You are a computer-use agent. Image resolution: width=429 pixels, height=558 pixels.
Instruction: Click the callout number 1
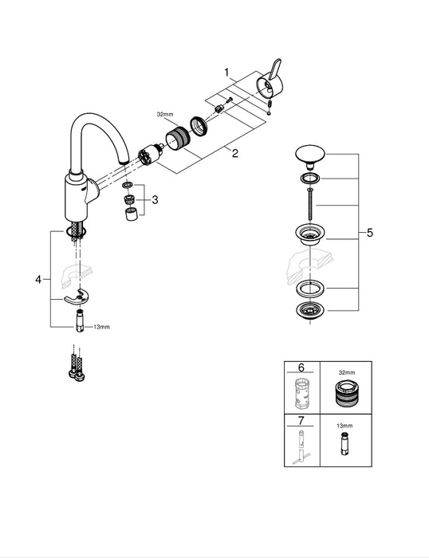tap(226, 73)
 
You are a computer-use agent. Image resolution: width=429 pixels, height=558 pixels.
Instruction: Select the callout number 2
tap(234, 154)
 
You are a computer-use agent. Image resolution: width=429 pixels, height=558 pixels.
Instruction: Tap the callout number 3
tap(155, 200)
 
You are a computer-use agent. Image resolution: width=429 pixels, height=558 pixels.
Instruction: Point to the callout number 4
tap(37, 280)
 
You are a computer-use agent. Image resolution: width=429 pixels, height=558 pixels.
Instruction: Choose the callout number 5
tap(369, 234)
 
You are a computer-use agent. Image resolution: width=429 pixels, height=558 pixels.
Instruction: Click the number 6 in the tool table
tap(301, 368)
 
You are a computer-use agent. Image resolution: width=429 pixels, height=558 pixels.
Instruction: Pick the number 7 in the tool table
tap(301, 420)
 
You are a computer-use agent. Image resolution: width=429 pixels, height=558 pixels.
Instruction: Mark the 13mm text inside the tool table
tap(344, 426)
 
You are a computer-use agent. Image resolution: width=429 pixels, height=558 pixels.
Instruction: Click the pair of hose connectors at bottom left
tap(74, 367)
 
